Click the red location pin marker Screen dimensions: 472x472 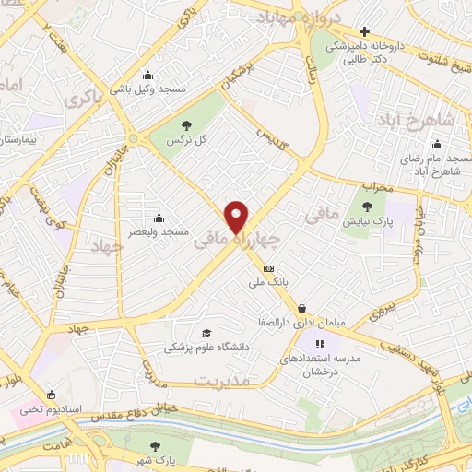point(237,216)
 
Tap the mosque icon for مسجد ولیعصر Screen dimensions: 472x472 point(159,218)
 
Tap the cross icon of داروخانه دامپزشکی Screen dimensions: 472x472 point(365,33)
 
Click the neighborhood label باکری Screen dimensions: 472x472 point(86,94)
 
